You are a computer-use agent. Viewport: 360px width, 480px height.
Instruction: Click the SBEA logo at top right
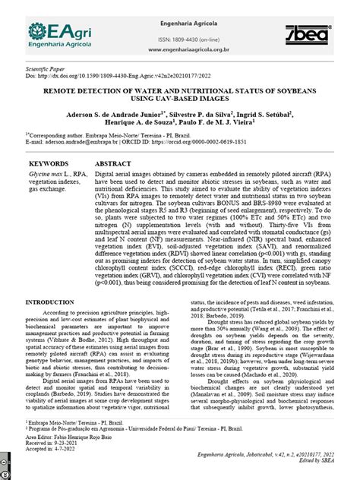(310, 34)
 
